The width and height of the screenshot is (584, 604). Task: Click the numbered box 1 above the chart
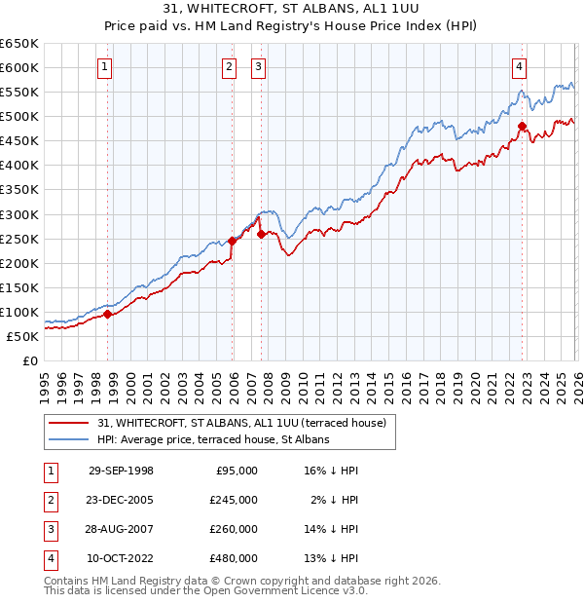pos(104,67)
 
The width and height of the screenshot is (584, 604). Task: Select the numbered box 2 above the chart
pos(229,67)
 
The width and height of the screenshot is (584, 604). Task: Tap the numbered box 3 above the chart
pos(258,67)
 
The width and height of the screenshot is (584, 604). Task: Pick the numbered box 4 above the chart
pos(520,67)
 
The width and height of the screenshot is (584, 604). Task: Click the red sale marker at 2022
pos(523,126)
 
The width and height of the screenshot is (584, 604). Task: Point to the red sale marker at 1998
pos(108,314)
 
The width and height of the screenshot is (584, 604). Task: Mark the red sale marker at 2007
pos(261,234)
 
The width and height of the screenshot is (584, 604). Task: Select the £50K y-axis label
pos(22,336)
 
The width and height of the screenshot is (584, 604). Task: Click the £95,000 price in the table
pos(237,470)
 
